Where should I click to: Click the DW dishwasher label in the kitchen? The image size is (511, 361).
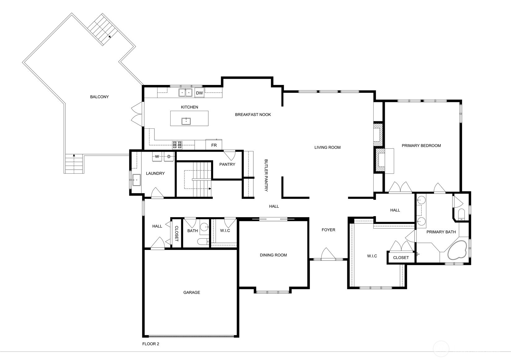click(199, 93)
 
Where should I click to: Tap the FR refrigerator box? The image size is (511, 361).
click(214, 145)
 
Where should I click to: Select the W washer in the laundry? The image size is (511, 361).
click(157, 157)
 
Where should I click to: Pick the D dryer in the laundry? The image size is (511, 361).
click(169, 157)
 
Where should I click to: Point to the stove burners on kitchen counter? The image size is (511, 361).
click(177, 145)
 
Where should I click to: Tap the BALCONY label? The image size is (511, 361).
click(99, 97)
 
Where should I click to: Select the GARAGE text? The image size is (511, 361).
click(192, 292)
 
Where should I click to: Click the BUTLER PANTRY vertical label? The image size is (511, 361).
click(266, 175)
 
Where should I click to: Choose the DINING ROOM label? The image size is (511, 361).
click(273, 255)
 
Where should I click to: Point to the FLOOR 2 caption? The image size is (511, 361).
click(151, 344)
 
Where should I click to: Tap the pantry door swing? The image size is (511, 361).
click(229, 154)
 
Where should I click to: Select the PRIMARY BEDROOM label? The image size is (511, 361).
click(421, 145)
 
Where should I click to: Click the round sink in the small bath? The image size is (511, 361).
click(204, 227)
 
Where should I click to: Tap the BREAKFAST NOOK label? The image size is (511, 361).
click(253, 114)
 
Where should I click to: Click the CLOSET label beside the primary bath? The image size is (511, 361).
click(401, 257)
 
